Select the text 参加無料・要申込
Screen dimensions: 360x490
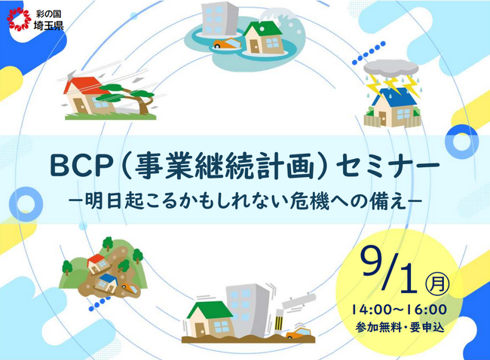click(399, 327)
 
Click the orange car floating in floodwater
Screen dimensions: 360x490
click(227, 43)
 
